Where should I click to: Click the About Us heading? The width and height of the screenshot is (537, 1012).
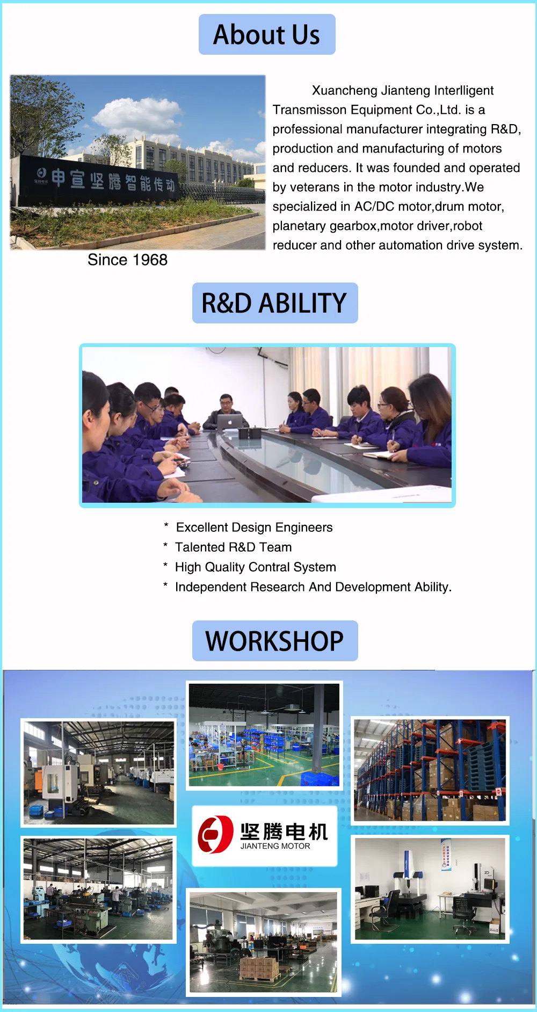267,34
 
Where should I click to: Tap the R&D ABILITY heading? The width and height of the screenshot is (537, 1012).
274,303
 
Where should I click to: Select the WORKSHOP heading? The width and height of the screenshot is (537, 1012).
274,641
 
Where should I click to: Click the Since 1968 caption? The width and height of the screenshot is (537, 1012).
127,260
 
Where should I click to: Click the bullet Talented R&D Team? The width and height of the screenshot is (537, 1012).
233,547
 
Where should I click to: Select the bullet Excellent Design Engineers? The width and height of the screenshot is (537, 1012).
254,527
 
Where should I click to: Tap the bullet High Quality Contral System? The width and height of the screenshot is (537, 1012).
255,567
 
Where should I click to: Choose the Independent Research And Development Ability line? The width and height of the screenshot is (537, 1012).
313,587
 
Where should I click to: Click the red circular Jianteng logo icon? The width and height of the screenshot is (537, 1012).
215,834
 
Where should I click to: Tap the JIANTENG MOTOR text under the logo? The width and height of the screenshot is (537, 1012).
275,846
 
